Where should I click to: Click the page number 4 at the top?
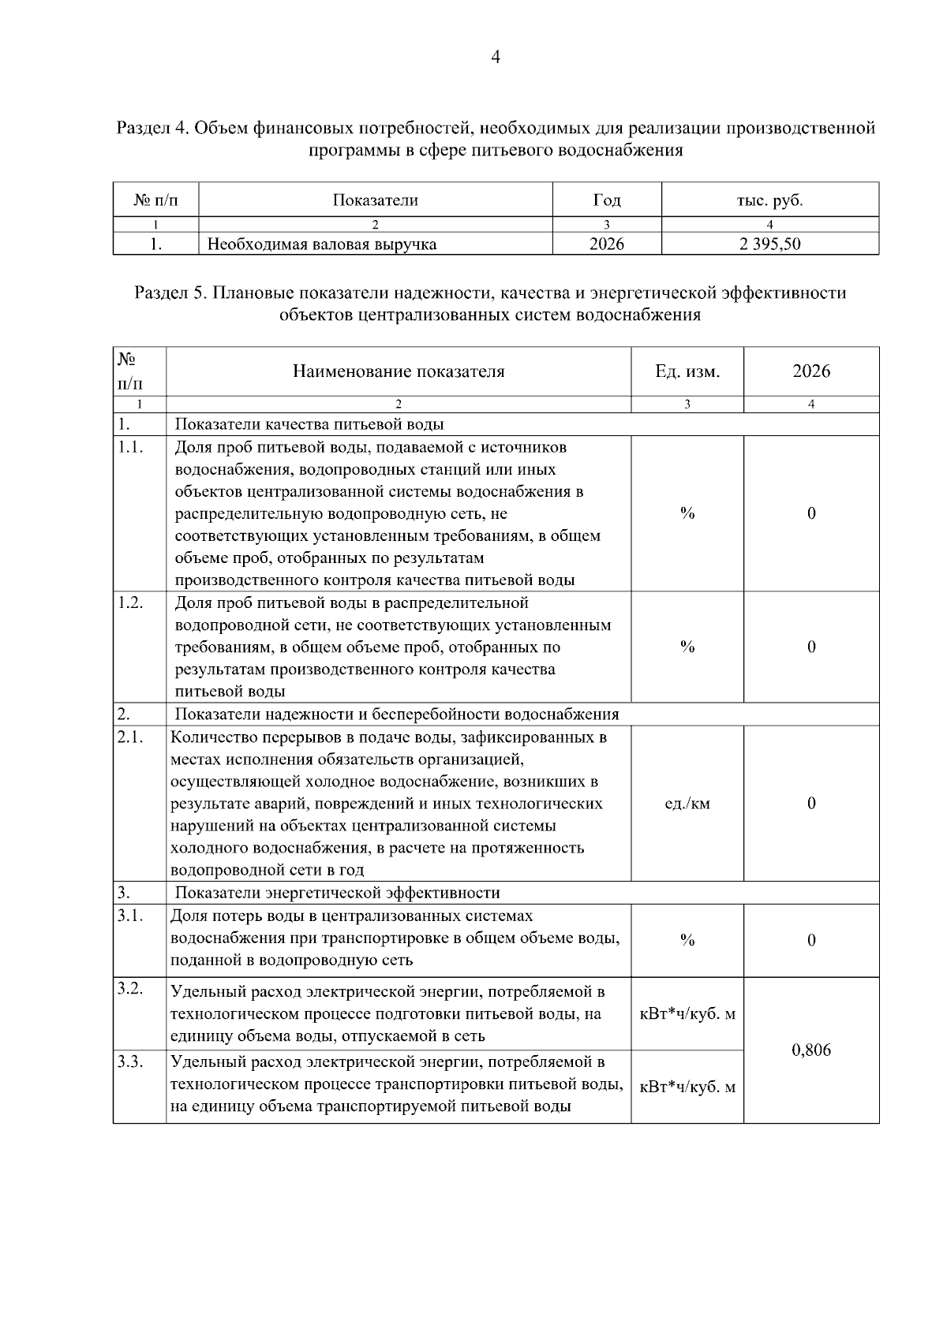[496, 57]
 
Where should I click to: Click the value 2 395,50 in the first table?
[769, 244]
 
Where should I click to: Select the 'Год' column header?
[606, 200]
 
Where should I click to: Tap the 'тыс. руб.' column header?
[769, 200]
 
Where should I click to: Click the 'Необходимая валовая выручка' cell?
[321, 244]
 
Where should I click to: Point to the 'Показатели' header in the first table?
[375, 200]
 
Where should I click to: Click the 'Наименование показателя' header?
[399, 371]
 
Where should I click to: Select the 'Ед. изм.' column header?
[687, 371]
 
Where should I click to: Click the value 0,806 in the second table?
[810, 1050]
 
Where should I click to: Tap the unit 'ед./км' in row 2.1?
[687, 804]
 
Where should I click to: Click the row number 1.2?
[129, 603]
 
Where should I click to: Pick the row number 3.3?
[129, 1061]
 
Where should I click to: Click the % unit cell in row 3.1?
[687, 940]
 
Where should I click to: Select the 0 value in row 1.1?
[810, 513]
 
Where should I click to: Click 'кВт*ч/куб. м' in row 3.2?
[687, 1014]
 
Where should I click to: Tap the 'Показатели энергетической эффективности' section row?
[337, 893]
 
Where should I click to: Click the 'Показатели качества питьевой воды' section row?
[309, 424]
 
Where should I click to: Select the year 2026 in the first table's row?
[606, 244]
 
